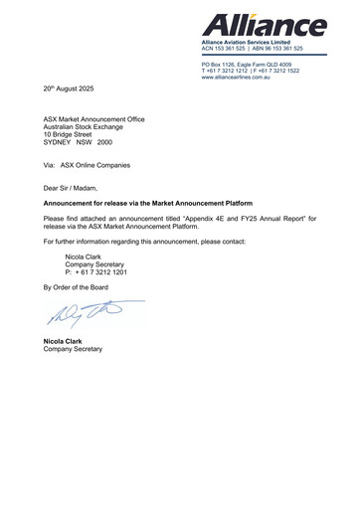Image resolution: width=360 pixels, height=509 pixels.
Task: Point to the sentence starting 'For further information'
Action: point(137,242)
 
